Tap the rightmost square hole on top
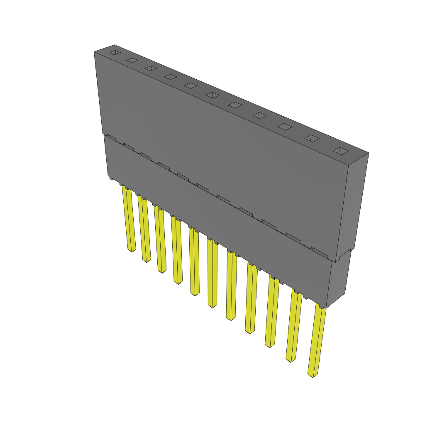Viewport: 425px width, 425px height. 340,151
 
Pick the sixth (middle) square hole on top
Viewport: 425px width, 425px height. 212,95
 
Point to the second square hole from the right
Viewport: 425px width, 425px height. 312,139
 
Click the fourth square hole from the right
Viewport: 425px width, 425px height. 259,115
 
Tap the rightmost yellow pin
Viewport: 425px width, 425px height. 317,340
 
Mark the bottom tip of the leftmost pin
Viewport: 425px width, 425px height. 132,250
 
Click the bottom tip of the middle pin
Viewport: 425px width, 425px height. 212,306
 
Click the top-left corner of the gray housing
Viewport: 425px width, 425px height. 94,51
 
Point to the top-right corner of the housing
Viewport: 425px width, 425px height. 369,153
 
